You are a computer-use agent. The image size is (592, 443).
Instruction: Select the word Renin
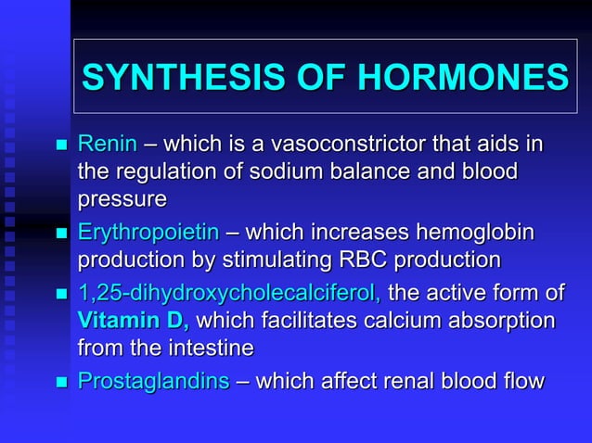(107, 145)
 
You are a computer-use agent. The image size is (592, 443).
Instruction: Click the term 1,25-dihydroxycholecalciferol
(229, 294)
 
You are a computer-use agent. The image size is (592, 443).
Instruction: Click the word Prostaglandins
(153, 381)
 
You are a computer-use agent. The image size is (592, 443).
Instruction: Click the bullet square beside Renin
(62, 146)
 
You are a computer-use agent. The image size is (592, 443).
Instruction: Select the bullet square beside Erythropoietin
(62, 234)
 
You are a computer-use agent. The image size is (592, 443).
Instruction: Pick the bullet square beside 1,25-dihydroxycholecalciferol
(62, 296)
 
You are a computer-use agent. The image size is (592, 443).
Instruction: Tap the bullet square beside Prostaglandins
(62, 383)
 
